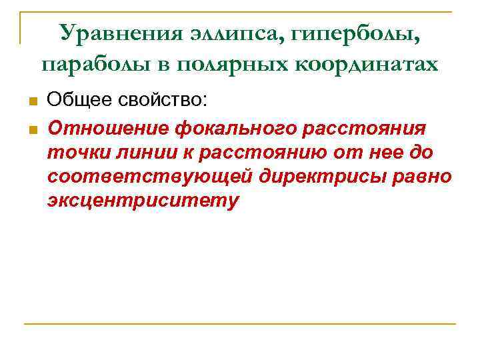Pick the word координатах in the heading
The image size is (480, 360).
coord(370,64)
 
